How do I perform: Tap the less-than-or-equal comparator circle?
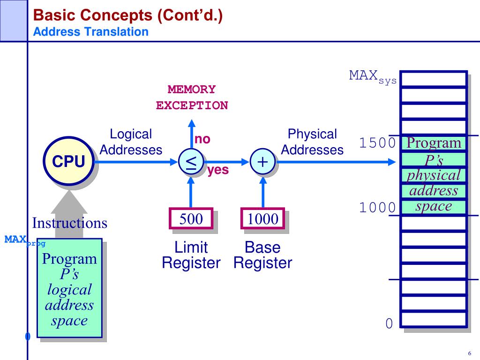point(191,162)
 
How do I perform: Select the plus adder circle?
point(262,162)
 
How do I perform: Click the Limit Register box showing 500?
point(191,218)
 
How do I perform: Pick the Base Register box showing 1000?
point(262,219)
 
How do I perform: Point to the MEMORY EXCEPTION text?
point(192,97)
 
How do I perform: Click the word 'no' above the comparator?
point(202,139)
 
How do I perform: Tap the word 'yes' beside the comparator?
point(218,170)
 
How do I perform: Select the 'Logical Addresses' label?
point(131,142)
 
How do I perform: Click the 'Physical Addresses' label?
point(312,142)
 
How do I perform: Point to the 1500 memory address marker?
point(378,143)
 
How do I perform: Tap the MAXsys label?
point(373,76)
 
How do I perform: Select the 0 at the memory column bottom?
point(389,323)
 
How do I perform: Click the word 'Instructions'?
point(70,223)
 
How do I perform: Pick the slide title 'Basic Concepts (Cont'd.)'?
point(127,16)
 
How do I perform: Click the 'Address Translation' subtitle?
point(91,32)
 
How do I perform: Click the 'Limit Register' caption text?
point(191,255)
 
